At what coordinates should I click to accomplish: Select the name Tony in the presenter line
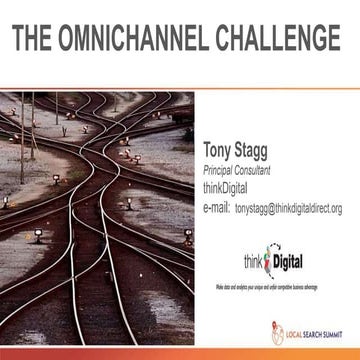pos(220,152)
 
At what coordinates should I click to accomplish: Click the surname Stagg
pos(261,152)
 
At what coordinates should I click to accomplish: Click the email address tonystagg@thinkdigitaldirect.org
pos(288,209)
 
